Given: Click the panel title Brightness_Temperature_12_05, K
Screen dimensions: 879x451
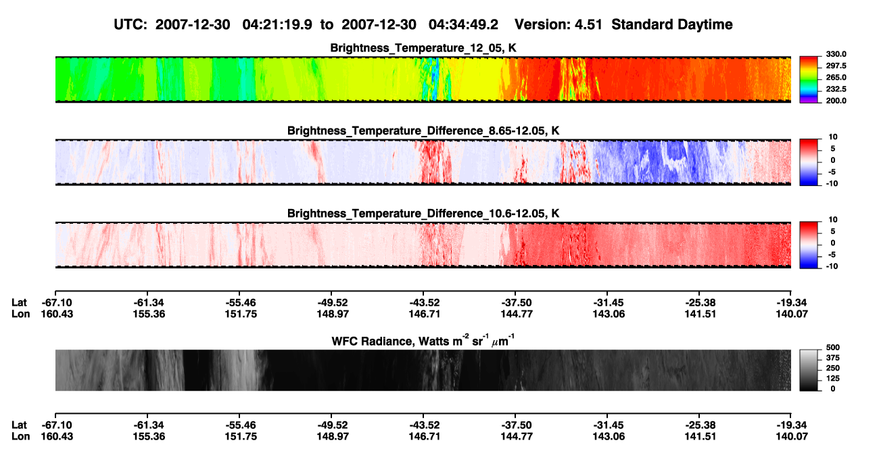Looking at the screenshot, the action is coord(423,48).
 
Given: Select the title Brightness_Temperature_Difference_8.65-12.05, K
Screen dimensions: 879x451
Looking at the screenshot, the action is coord(423,130).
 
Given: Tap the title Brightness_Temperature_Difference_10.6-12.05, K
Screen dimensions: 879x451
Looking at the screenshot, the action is coord(423,214).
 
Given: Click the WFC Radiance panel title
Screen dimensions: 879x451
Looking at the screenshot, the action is coord(423,340).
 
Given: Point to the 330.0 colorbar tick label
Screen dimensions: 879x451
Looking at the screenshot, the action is coord(836,54).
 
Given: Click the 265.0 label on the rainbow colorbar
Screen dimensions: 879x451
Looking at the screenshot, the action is coord(836,77).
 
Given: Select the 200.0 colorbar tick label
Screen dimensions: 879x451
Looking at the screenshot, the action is coord(836,101).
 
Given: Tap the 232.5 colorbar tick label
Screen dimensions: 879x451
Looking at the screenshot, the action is coord(836,89).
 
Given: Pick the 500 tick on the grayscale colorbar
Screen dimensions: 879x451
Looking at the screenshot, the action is coord(833,348).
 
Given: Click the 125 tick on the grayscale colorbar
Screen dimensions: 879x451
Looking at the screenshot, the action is coord(833,379).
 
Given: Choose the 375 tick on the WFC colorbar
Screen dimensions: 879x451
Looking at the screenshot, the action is coord(833,358).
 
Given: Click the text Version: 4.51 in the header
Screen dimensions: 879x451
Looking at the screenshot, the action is coord(558,25).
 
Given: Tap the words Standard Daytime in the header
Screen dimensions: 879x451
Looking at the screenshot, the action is coord(672,25).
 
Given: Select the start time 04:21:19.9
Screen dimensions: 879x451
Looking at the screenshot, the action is coord(277,25).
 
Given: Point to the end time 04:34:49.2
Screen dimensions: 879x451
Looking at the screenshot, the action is coord(463,25).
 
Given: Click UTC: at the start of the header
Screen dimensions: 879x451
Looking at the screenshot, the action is coord(130,25).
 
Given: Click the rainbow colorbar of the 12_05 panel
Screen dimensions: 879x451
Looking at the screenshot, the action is coord(809,80).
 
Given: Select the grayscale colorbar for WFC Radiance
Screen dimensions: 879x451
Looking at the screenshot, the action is coord(809,370).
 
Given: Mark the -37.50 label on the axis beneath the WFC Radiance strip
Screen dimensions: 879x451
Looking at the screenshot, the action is coord(516,425).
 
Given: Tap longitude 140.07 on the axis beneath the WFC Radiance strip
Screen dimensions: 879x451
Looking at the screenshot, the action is coord(792,437).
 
